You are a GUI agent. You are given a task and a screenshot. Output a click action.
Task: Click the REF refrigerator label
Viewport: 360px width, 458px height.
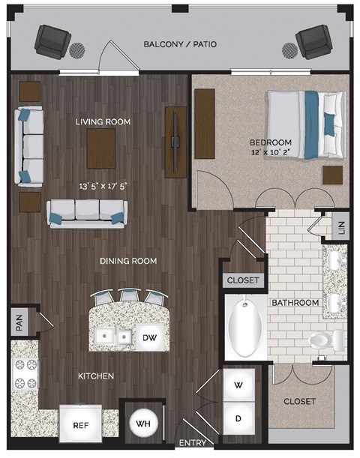(x=81, y=425)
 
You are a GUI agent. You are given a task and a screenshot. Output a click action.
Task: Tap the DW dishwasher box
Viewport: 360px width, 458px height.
(x=148, y=338)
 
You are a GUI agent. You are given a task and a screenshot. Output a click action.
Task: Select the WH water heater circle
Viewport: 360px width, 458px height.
(x=142, y=424)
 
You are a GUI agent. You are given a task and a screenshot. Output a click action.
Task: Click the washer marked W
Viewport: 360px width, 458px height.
(x=238, y=385)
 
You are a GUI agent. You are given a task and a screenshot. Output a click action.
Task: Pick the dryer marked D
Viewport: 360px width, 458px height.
(x=238, y=418)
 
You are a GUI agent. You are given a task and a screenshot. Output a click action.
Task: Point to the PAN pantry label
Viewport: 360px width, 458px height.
(x=17, y=325)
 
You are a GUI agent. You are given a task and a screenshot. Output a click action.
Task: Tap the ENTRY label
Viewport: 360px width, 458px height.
(x=193, y=443)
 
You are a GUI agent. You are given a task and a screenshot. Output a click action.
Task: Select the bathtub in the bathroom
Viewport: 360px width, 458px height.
(x=244, y=328)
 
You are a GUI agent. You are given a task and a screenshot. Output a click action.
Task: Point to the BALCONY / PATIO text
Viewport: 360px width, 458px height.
(x=180, y=44)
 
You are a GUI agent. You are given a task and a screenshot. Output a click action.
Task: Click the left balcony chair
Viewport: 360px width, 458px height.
(x=51, y=40)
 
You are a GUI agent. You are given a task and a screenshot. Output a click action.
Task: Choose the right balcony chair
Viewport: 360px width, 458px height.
(x=313, y=43)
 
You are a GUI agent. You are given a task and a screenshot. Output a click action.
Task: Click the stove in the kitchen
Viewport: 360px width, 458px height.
(x=25, y=374)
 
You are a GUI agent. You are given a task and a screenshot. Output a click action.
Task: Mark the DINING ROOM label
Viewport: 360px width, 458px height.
(x=130, y=261)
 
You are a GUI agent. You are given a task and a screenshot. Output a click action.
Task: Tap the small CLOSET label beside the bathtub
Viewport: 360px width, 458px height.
(x=243, y=280)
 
